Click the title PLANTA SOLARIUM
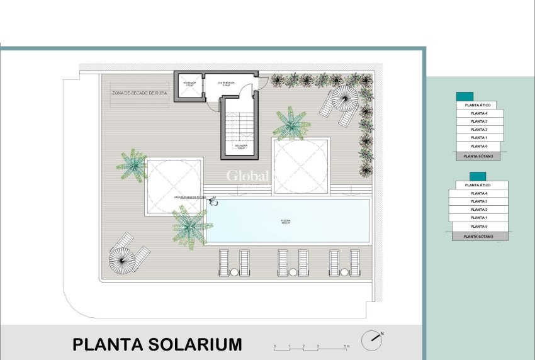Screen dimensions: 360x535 click(157, 345)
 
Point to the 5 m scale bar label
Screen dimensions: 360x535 click(347, 347)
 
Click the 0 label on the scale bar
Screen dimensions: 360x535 click(274, 347)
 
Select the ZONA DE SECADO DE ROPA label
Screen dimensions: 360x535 click(140, 93)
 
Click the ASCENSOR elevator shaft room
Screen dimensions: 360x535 click(189, 86)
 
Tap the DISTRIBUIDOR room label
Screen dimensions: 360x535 click(226, 83)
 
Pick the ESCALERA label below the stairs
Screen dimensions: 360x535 click(241, 146)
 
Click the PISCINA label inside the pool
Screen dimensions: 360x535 click(286, 221)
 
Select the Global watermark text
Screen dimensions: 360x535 click(248, 176)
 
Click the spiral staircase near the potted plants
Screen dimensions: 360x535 click(344, 97)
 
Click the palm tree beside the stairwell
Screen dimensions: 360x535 click(291, 123)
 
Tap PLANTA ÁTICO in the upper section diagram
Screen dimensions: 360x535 click(477, 105)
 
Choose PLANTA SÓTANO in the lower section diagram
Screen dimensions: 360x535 click(478, 237)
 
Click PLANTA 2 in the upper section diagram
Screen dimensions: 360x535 click(479, 129)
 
